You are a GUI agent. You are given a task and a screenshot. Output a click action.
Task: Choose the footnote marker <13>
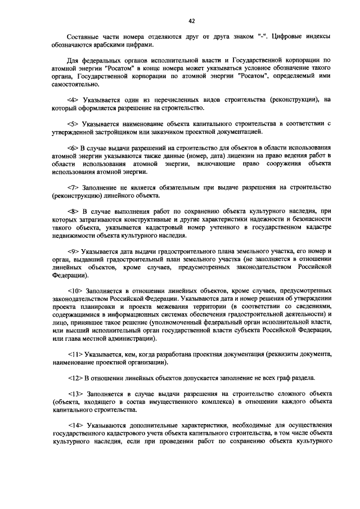tap(74, 393)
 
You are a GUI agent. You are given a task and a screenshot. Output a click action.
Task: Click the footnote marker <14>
tap(74, 425)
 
